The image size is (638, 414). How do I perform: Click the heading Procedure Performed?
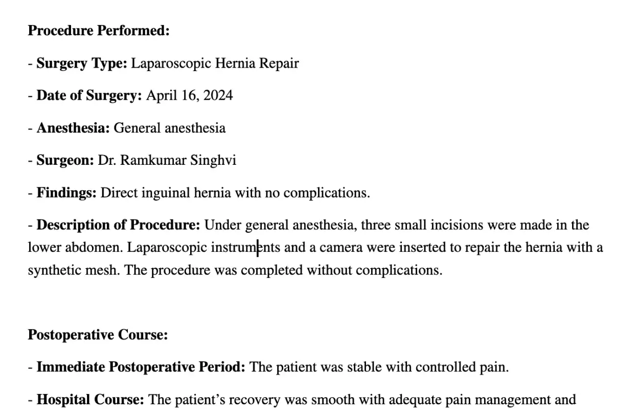click(x=98, y=31)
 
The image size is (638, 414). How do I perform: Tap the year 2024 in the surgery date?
click(x=218, y=96)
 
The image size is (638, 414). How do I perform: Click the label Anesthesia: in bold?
click(x=73, y=128)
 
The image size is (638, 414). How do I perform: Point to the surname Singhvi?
click(x=213, y=161)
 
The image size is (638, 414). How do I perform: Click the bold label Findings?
click(x=66, y=193)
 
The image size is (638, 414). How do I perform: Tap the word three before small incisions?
click(x=376, y=225)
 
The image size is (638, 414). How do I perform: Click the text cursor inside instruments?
click(x=258, y=248)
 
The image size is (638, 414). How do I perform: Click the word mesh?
click(x=105, y=270)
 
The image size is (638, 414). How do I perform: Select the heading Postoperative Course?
click(x=98, y=335)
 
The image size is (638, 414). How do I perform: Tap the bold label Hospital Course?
click(x=90, y=400)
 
